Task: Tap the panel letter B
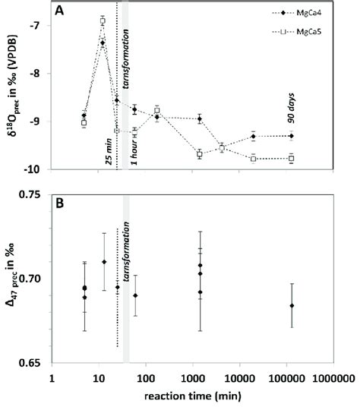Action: (58, 203)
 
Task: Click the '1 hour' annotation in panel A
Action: (134, 144)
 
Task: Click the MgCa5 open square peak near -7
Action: (103, 20)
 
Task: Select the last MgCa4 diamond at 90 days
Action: (292, 136)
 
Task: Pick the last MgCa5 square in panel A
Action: (292, 158)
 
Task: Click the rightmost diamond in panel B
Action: (292, 305)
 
